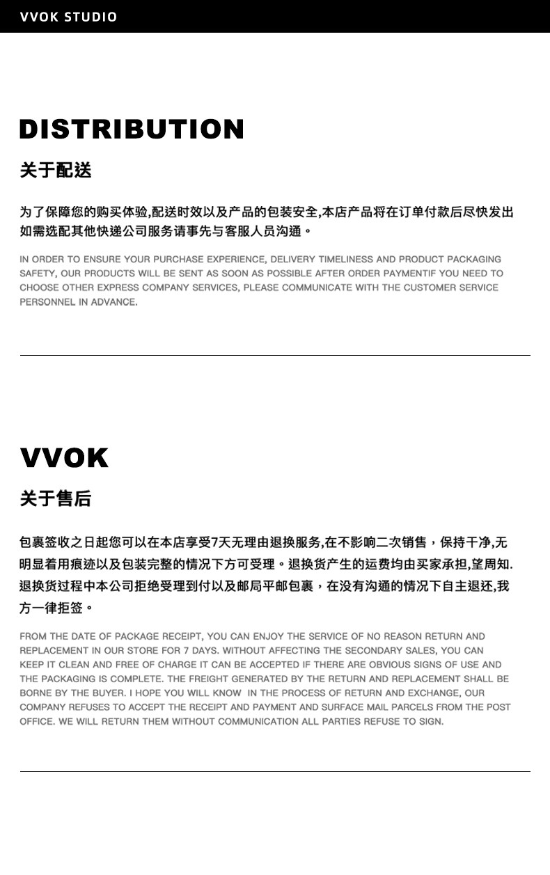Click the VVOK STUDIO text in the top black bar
click(x=68, y=17)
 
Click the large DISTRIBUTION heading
click(x=132, y=129)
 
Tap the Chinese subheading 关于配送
click(x=56, y=170)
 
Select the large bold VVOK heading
click(x=64, y=458)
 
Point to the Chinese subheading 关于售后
click(x=56, y=498)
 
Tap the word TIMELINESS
click(x=346, y=259)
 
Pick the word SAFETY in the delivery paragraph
click(x=36, y=274)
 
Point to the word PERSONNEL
click(x=47, y=302)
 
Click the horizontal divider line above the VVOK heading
click(x=275, y=355)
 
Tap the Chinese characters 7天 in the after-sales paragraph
click(x=219, y=542)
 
